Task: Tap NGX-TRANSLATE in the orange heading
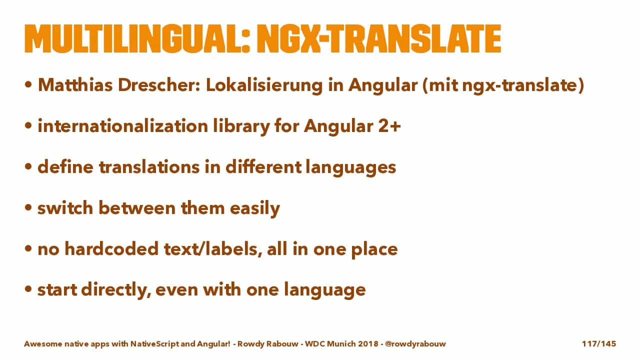[379, 38]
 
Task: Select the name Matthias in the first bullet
[75, 85]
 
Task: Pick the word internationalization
[123, 126]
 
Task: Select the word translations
[149, 167]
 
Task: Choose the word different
[263, 167]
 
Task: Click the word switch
[65, 207]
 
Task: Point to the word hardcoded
[111, 248]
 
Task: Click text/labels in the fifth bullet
[213, 249]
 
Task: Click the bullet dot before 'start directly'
[28, 289]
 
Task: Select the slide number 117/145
[599, 343]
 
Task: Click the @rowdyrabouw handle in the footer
[415, 343]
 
